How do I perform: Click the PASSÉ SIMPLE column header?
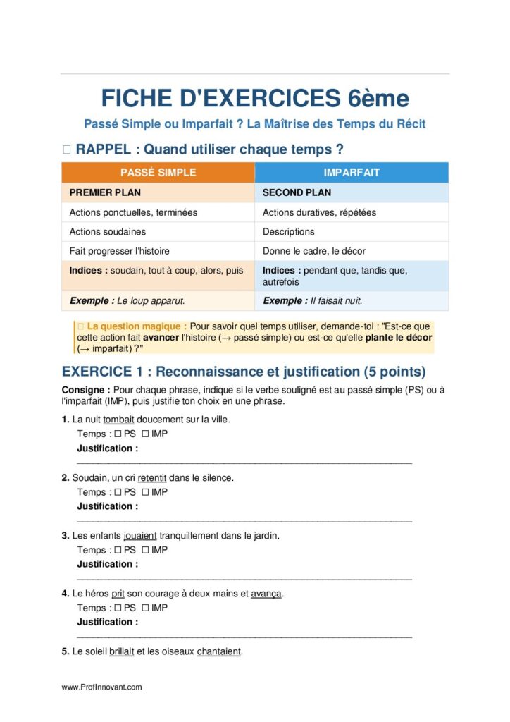point(158,173)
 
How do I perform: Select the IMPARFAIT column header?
point(351,173)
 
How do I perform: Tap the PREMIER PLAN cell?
point(105,192)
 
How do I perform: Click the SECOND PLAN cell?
point(297,192)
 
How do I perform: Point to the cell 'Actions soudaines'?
point(108,231)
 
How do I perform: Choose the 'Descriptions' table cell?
point(289,231)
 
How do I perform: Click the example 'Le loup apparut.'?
point(151,300)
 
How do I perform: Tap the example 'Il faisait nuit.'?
point(336,300)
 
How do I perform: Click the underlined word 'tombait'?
point(118,420)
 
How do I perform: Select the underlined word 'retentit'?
point(151,477)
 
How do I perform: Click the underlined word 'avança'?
point(266,594)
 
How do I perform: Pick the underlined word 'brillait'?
point(122,651)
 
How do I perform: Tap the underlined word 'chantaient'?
point(219,651)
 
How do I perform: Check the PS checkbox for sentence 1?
point(118,434)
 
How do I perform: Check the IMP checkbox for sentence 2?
point(145,492)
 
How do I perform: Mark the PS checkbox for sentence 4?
point(118,608)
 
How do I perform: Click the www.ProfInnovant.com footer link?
point(101,687)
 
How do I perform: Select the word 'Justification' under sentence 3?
point(105,564)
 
